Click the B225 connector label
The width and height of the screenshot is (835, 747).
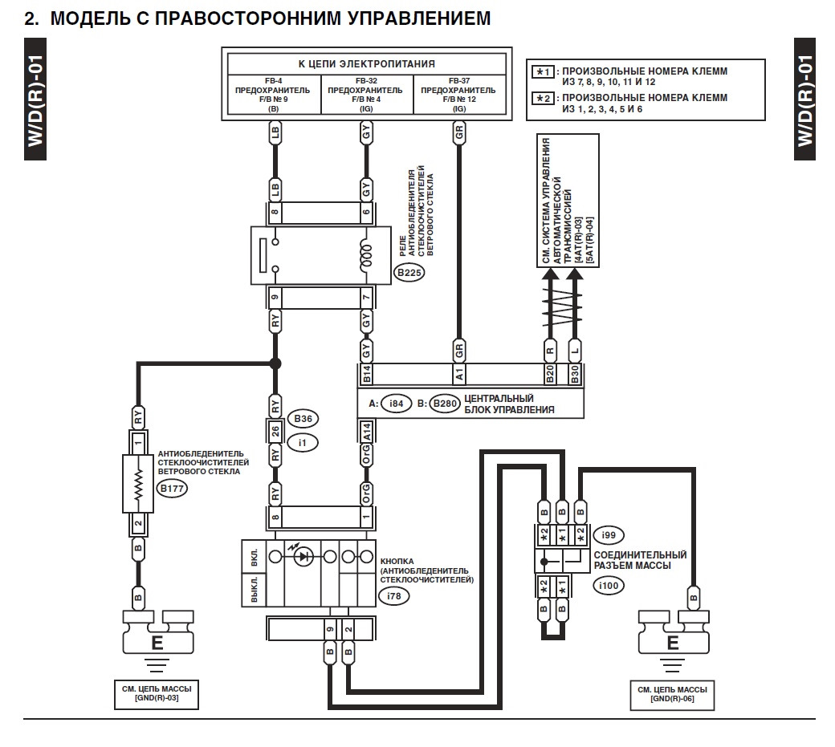[x=408, y=273]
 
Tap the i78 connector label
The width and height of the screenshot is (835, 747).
[x=393, y=596]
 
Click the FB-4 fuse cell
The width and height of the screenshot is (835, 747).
[x=275, y=95]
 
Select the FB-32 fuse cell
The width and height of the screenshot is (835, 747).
[x=366, y=95]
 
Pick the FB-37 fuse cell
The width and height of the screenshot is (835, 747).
[x=459, y=95]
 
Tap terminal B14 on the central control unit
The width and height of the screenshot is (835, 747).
[x=367, y=373]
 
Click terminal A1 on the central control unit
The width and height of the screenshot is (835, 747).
[x=459, y=373]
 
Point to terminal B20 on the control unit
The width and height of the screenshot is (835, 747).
[x=551, y=373]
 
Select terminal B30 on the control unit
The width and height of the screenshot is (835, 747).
[x=575, y=373]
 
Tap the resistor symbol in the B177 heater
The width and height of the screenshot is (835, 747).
[x=138, y=484]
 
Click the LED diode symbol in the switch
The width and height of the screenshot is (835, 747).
[x=303, y=555]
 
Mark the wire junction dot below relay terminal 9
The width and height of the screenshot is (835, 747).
[x=275, y=363]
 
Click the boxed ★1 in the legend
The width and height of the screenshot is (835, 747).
[x=544, y=71]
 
